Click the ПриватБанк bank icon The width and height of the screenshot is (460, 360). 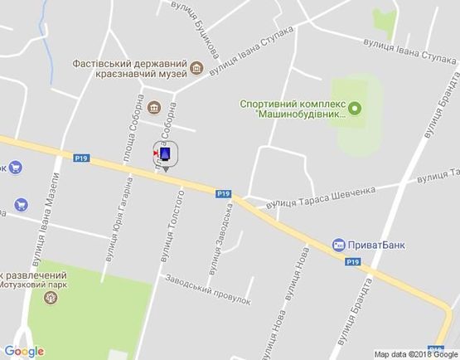click(x=338, y=245)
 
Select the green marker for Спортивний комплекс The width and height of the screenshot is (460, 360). click(x=355, y=108)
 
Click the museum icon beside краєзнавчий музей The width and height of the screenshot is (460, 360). click(x=196, y=68)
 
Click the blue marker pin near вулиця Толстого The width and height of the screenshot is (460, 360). click(x=166, y=155)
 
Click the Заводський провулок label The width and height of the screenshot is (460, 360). click(x=207, y=290)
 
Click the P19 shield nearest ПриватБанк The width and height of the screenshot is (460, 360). click(x=353, y=262)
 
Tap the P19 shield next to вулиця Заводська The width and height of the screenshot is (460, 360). click(x=223, y=194)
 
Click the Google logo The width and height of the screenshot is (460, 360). click(x=24, y=351)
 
